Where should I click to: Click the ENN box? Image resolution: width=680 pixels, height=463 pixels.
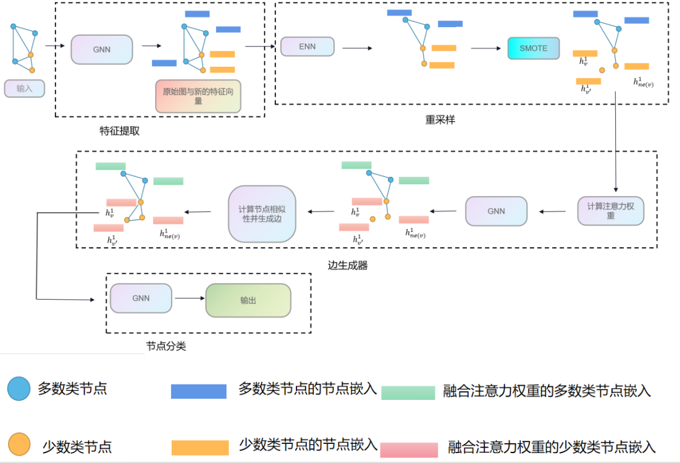(307, 47)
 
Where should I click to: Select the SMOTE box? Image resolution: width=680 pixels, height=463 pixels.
(532, 48)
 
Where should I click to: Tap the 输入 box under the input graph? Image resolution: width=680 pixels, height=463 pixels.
(25, 88)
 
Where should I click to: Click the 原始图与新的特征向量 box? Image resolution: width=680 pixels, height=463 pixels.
(198, 96)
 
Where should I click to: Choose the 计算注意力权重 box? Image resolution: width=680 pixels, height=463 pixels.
(610, 211)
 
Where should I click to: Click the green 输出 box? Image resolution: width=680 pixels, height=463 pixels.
(248, 300)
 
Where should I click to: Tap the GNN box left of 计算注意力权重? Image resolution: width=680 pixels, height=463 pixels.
(496, 211)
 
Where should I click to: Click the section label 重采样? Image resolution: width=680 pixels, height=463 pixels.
(440, 120)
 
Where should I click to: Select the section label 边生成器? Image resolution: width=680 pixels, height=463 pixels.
(347, 265)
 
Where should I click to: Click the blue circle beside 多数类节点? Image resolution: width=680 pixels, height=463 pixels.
(19, 389)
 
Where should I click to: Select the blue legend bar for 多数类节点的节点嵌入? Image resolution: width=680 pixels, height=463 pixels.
(198, 391)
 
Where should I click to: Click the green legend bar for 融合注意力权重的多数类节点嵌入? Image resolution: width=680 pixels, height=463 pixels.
(408, 393)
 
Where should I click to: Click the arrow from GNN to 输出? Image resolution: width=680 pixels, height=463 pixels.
(188, 299)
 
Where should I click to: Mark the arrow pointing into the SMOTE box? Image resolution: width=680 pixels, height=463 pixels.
(485, 48)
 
